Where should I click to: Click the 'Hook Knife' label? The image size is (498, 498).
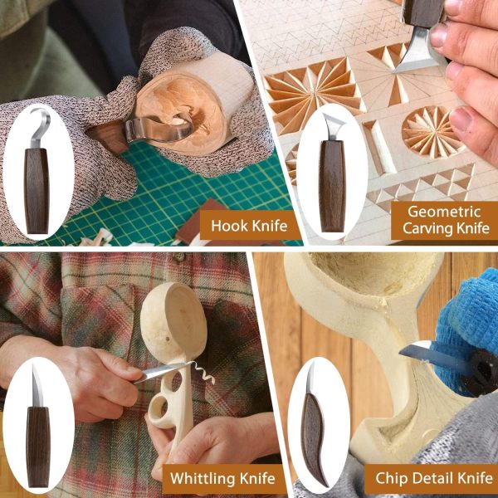coord(249,226)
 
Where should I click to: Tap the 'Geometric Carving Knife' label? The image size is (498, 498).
coord(446,220)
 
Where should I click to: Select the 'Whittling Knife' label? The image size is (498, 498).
coord(222,478)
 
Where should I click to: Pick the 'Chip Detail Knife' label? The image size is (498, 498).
coord(434,478)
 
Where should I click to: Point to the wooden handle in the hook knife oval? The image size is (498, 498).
coord(37,191)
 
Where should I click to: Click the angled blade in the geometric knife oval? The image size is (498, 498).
coord(333,125)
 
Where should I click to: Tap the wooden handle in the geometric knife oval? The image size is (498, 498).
coord(332,186)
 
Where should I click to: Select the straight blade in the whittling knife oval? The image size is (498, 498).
coord(37,386)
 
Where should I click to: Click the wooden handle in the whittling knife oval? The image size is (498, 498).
coord(38,447)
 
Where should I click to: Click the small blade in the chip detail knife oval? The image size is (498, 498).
coord(310,378)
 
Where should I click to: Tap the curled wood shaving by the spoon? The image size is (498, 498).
coord(204,373)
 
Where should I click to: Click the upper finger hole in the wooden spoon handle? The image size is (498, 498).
coord(176,381)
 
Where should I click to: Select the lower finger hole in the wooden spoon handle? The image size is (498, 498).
coord(159,407)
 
